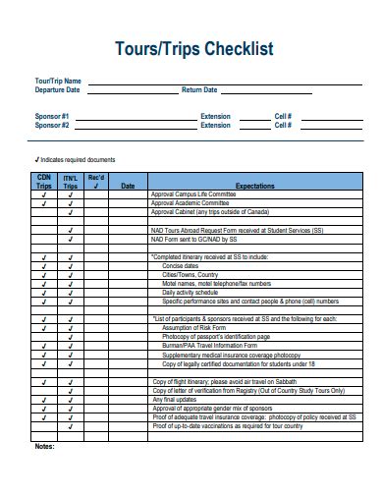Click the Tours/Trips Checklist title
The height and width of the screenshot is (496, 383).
pos(194,48)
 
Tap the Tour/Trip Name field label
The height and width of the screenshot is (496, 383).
pos(57,81)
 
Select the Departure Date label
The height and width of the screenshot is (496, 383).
pos(57,89)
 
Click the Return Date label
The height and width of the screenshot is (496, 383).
pos(199,89)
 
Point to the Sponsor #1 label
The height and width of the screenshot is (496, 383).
pos(52,116)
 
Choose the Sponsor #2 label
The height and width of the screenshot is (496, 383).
pos(52,125)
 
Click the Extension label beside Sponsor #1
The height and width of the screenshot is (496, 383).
pos(215,116)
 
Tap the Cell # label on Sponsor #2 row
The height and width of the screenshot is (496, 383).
pos(283,125)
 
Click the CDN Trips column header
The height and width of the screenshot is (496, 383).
pos(44,181)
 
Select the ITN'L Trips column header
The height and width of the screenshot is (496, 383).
pos(70,181)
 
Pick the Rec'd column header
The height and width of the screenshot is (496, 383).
pos(96,181)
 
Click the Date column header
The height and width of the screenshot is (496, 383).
pos(128,185)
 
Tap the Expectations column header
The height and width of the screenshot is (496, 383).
pos(255,185)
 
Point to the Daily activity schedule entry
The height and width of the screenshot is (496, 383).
pos(191,292)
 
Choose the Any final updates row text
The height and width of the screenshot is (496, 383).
pos(169,399)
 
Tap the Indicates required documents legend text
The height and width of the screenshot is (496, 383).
pos(78,158)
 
